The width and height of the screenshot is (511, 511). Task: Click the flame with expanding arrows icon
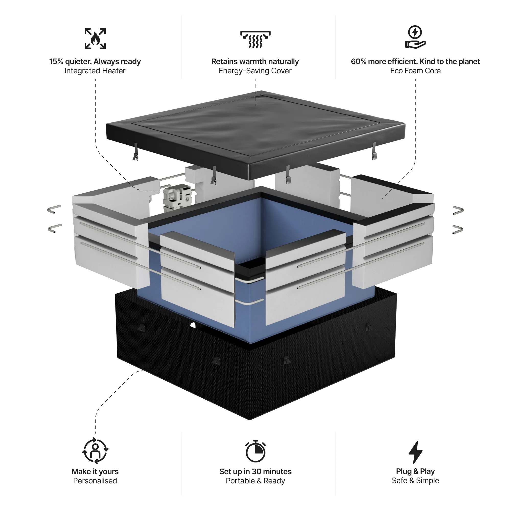[95, 39]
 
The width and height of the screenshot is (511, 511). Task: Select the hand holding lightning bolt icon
[415, 37]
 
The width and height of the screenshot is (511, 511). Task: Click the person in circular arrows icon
[95, 451]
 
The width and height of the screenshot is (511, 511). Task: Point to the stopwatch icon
[255, 451]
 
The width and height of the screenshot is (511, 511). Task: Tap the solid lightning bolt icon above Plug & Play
[415, 452]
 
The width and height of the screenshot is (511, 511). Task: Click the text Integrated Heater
[95, 71]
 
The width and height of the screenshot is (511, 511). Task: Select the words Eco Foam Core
[415, 71]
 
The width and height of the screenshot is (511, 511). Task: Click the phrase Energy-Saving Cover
[255, 71]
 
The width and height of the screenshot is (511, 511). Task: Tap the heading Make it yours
[95, 472]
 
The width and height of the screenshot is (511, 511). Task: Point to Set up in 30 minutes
[255, 472]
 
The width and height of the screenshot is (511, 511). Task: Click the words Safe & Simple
[415, 481]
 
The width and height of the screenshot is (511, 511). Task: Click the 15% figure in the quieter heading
[56, 62]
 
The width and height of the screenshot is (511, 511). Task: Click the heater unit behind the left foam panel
[177, 197]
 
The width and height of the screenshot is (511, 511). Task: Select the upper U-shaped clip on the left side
[54, 209]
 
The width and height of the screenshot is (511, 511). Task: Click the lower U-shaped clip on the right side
[458, 229]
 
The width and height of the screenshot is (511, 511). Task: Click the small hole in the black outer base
[193, 325]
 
